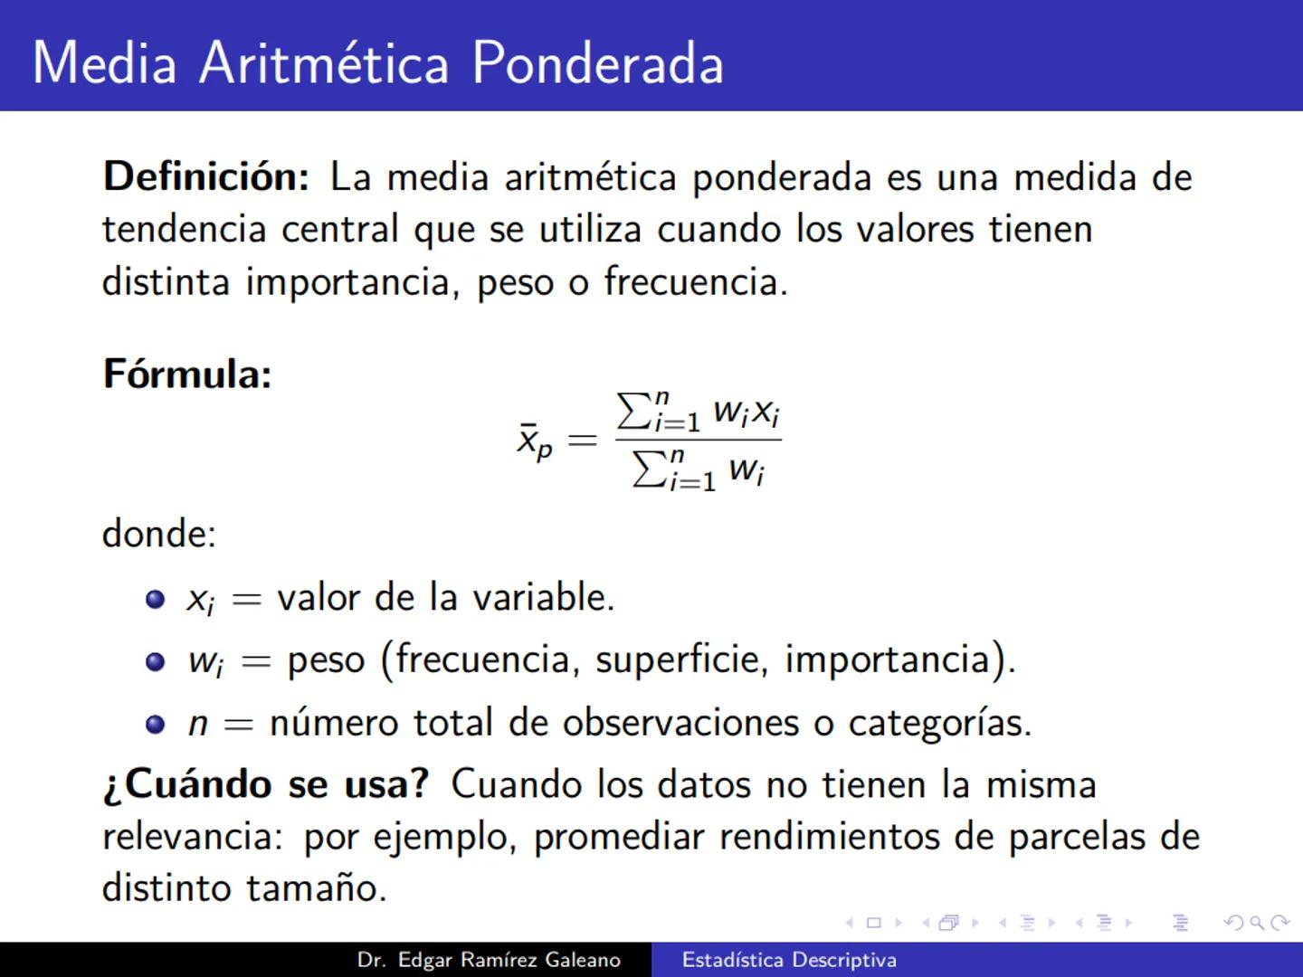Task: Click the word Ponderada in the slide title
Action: (597, 63)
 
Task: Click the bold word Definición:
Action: (206, 176)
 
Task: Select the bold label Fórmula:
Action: (187, 374)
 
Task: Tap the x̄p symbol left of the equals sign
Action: (534, 441)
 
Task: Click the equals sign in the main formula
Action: (582, 441)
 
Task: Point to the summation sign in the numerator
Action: (634, 412)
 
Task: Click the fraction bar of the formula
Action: (698, 441)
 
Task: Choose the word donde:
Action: (159, 534)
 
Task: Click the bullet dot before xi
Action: (156, 599)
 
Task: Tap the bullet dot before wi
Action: (156, 661)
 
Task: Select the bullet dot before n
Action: (156, 725)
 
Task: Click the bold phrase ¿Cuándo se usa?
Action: (266, 783)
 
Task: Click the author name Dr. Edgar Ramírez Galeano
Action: (489, 960)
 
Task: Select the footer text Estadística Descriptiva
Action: (789, 960)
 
